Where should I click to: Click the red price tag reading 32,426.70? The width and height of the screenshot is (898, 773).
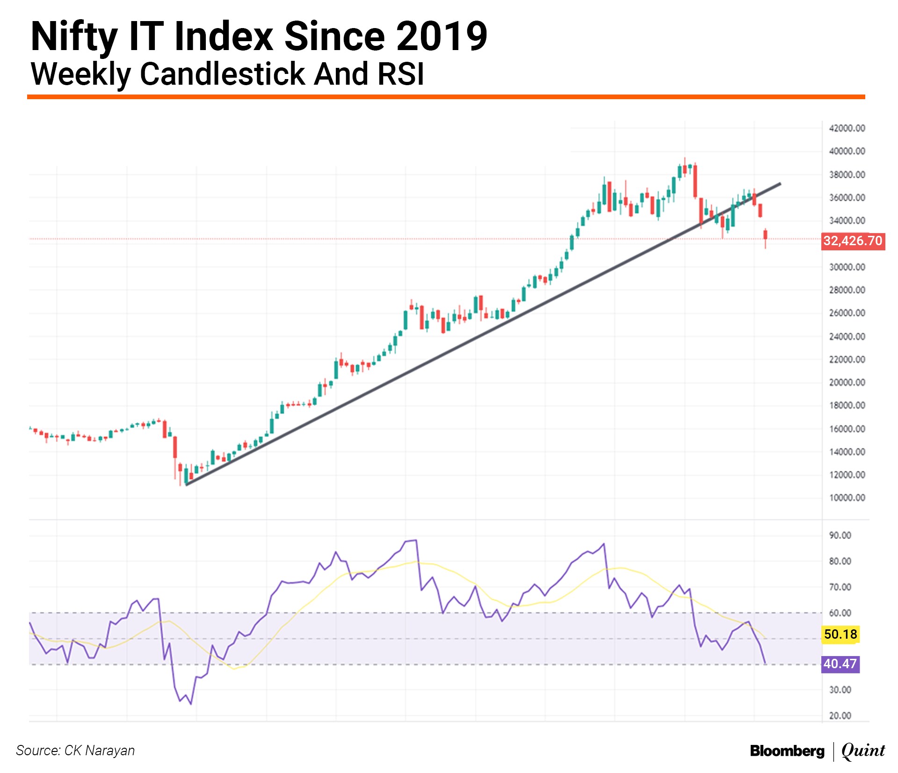tap(853, 241)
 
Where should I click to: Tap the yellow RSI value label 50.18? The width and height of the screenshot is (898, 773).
tap(840, 634)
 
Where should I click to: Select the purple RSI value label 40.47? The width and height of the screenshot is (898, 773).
tap(840, 664)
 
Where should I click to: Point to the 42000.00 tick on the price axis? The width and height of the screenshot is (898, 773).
tap(847, 128)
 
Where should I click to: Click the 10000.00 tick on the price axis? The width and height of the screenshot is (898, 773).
tap(847, 498)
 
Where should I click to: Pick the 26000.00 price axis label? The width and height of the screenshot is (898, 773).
tap(847, 313)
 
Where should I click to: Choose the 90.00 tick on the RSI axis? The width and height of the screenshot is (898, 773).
tap(840, 535)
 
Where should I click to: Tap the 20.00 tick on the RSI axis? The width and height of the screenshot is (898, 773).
tap(840, 715)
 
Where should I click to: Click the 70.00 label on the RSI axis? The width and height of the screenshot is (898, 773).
tap(840, 587)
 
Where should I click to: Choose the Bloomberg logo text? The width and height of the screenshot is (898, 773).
tap(787, 751)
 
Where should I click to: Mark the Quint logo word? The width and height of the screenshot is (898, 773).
tap(863, 751)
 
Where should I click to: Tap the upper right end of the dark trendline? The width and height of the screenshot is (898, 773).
tap(780, 184)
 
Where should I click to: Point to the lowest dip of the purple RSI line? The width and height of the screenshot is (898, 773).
tap(191, 704)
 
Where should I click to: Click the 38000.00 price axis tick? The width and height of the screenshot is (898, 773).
tap(847, 175)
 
